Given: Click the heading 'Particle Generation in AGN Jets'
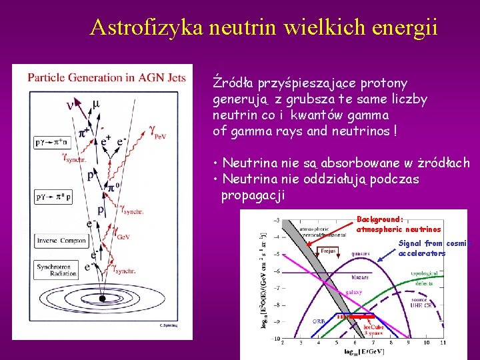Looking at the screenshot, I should click(107, 77).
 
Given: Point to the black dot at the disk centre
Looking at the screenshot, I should click(102, 299).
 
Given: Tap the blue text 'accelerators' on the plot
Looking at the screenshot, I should click(422, 253).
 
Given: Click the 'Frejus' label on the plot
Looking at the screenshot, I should click(328, 251).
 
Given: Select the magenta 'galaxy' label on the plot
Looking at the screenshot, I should click(353, 292).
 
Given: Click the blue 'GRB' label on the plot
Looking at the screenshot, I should click(319, 320).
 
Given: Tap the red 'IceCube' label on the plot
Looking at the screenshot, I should click(373, 327).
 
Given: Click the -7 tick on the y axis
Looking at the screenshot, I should click(276, 288).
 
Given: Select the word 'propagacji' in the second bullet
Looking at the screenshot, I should click(253, 195).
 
